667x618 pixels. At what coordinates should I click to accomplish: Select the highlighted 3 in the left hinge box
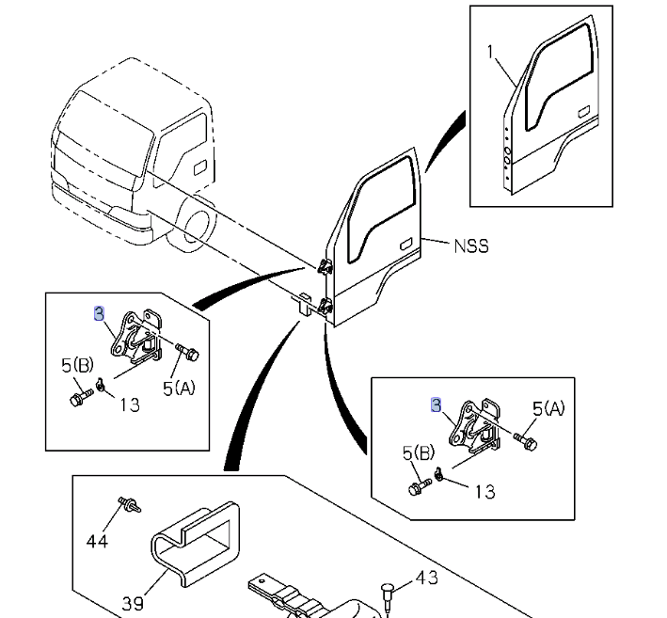click(99, 314)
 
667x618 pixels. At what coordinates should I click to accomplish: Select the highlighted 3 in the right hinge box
click(436, 404)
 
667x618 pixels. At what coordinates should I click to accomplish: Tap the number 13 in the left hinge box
click(128, 404)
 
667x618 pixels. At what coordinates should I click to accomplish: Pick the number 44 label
click(97, 541)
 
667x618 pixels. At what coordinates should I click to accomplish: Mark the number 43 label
click(426, 576)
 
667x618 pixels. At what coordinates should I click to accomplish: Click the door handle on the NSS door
click(406, 245)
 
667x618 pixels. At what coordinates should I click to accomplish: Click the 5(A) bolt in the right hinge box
click(525, 438)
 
